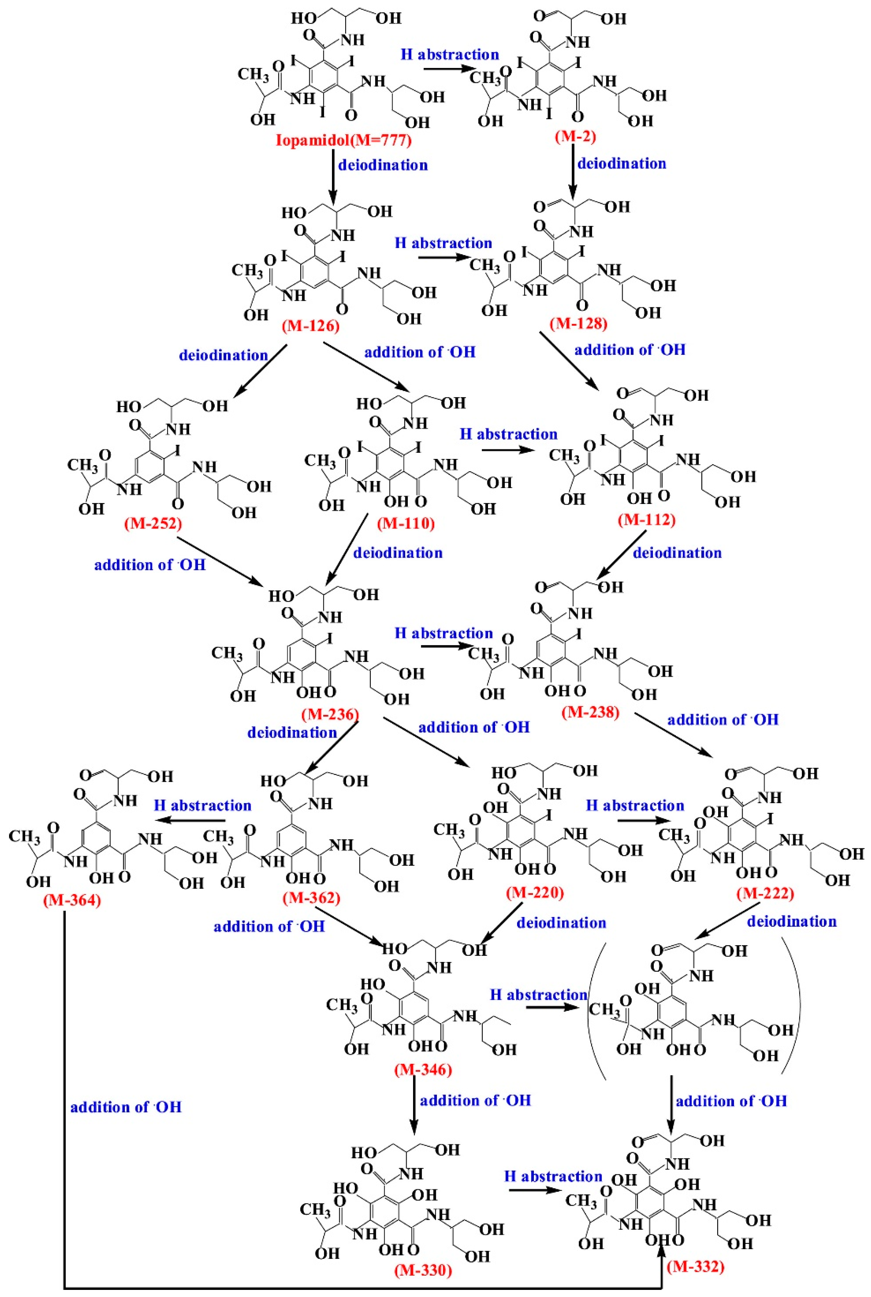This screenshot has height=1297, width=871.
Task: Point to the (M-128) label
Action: click(578, 323)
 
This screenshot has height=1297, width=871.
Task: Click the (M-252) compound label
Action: click(153, 523)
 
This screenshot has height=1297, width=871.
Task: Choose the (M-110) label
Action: click(406, 523)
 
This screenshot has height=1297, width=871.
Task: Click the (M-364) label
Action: click(72, 900)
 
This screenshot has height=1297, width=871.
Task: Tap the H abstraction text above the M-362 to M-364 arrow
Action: click(202, 806)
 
